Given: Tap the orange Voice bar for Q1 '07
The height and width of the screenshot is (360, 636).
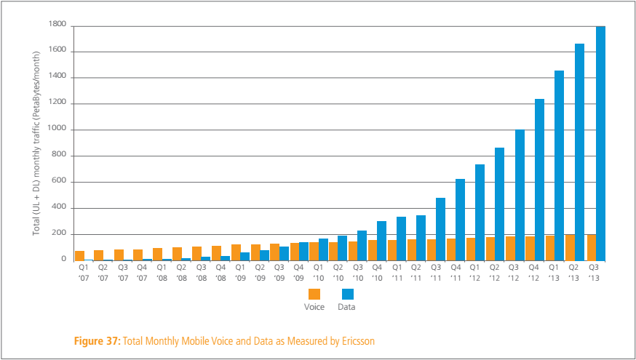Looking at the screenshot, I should (80, 255).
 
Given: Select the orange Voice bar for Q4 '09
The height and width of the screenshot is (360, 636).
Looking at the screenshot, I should (294, 252).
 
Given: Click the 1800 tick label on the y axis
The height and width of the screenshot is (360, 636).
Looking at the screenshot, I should (57, 25).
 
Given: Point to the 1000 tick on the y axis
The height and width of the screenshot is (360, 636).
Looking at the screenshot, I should (57, 129).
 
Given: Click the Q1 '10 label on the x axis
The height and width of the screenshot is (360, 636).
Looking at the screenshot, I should (318, 273).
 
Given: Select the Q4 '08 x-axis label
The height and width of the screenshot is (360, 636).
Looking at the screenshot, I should (220, 273).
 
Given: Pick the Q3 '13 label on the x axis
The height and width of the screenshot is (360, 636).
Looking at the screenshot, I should (593, 273).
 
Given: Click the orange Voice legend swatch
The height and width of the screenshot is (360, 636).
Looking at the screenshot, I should (314, 294).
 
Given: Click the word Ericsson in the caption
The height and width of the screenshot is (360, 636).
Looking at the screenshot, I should (354, 340).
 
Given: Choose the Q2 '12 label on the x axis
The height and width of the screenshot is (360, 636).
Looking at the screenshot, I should (495, 273).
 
